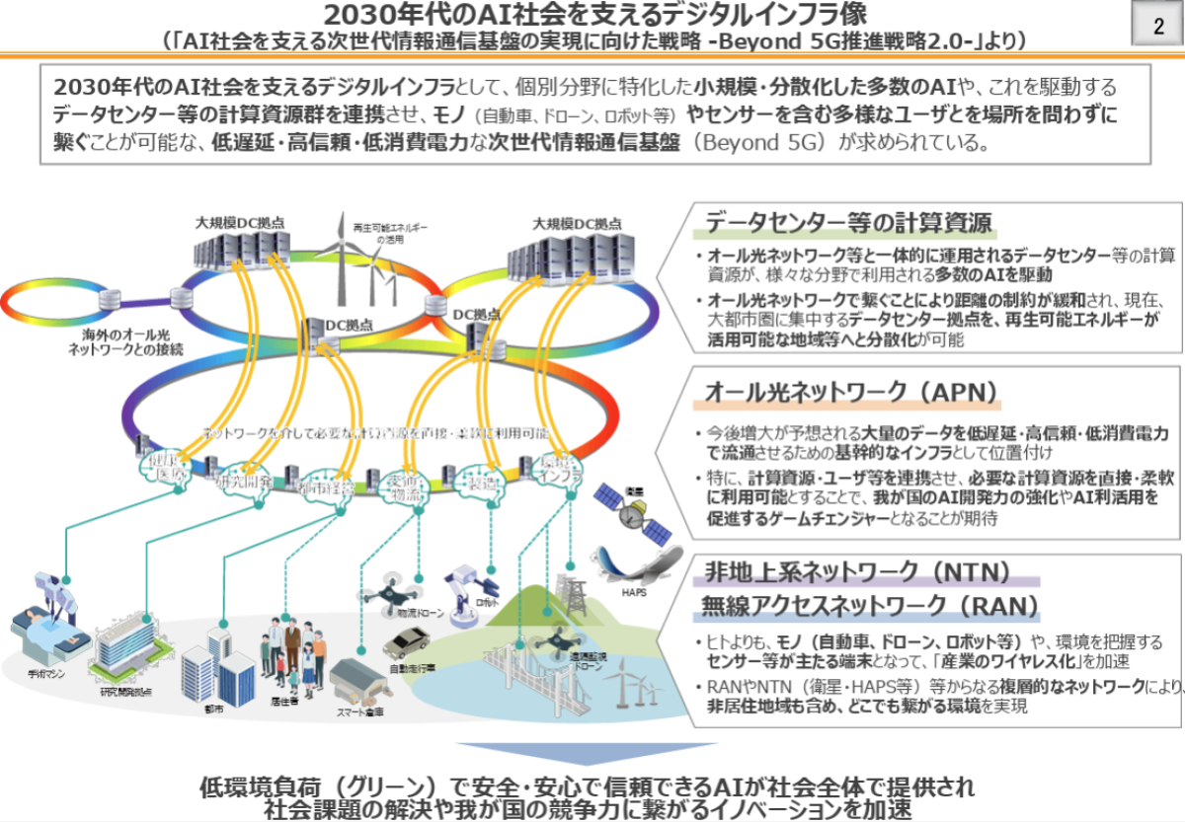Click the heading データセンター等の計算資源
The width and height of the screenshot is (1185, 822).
point(848,221)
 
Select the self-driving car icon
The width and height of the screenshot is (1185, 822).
point(416,643)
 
